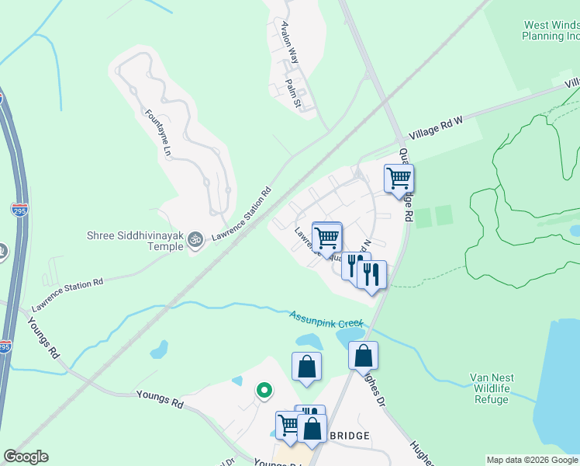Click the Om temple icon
(x=195, y=240)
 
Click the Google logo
(x=25, y=457)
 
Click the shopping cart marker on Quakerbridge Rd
(x=399, y=179)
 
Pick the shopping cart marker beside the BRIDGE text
(x=288, y=425)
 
